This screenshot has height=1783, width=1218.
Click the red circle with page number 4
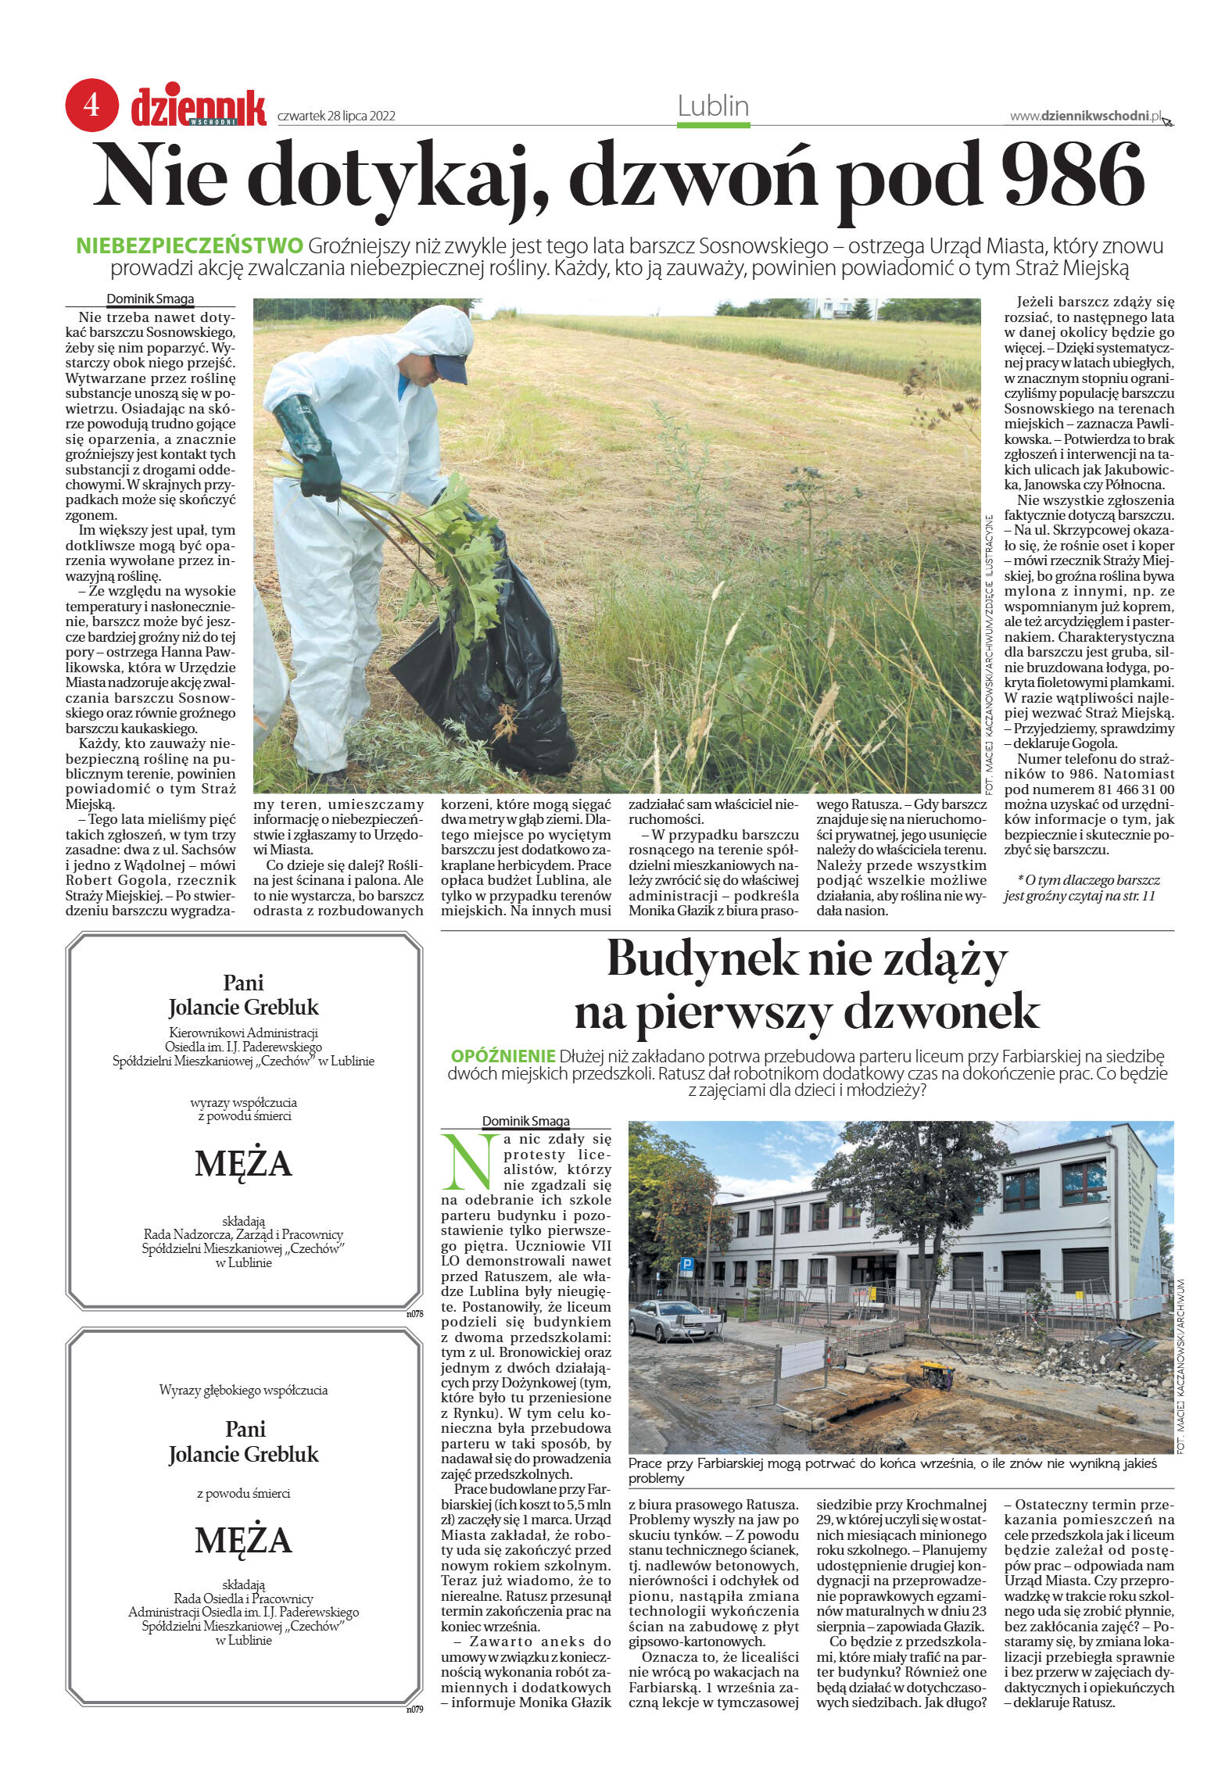tap(91, 105)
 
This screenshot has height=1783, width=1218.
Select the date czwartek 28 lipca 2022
tap(336, 116)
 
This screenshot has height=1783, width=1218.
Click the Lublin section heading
tap(713, 106)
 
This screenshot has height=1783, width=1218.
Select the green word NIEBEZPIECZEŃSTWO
tap(189, 246)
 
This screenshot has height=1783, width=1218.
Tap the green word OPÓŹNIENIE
tap(503, 1055)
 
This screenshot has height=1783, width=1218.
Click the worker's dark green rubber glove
tap(310, 445)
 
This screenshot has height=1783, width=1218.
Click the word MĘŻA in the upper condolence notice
tap(243, 1164)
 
